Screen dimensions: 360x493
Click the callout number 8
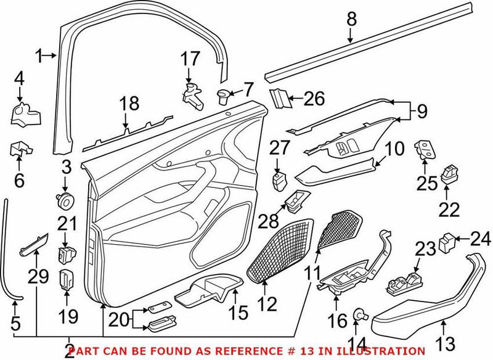[x=351, y=19]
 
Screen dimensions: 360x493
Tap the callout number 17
[x=191, y=59]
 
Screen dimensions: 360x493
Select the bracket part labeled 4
[x=25, y=114]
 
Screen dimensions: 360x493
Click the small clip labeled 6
[x=20, y=149]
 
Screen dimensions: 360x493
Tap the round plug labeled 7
[x=225, y=95]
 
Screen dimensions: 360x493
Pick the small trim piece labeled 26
[x=280, y=97]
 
